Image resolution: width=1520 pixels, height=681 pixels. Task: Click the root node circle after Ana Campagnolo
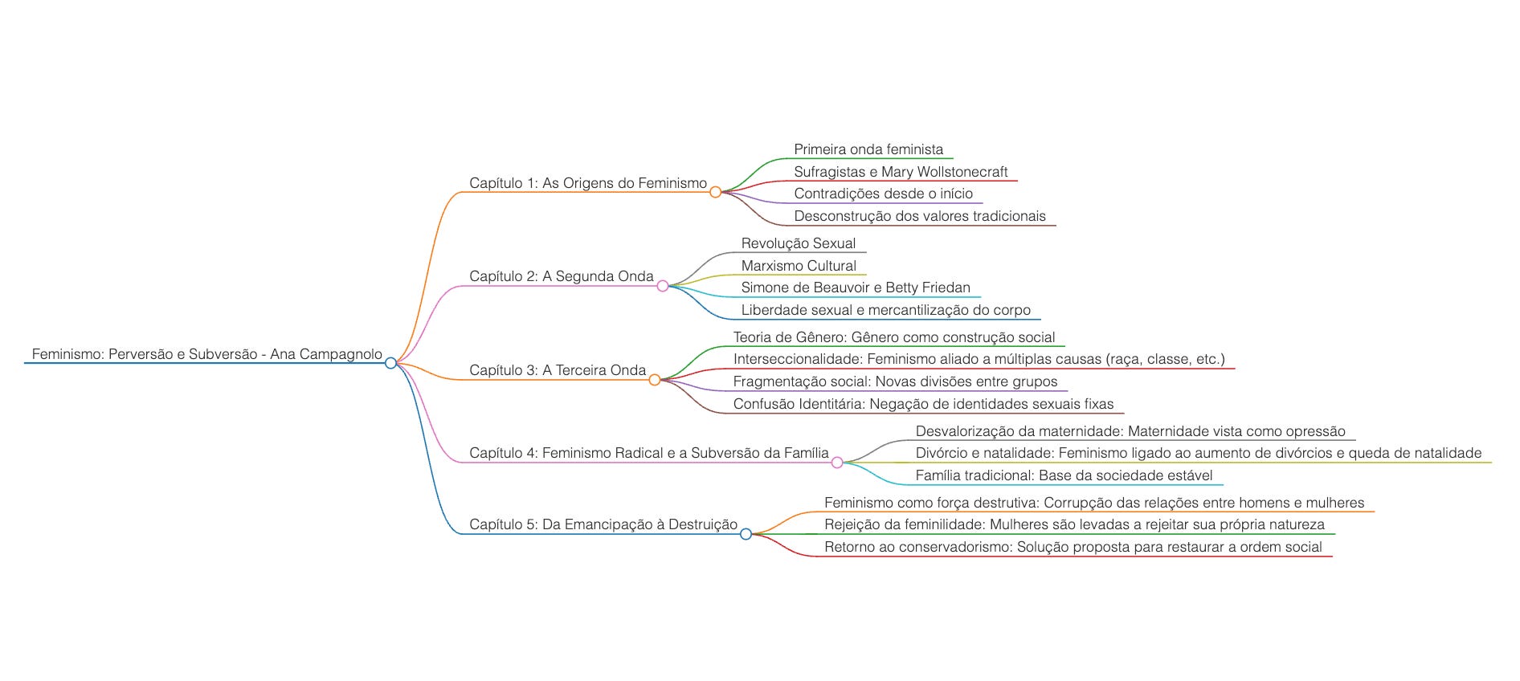click(390, 363)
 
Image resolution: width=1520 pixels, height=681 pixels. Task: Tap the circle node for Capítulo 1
click(715, 192)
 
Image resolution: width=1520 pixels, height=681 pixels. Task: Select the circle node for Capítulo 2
click(662, 286)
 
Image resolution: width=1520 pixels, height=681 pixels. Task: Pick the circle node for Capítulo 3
click(654, 380)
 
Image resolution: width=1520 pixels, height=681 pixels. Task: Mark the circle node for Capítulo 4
click(837, 463)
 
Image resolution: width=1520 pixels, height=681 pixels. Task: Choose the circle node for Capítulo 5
click(746, 534)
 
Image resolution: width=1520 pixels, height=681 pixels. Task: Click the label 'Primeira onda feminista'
click(868, 149)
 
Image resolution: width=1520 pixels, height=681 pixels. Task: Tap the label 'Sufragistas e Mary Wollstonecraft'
click(901, 172)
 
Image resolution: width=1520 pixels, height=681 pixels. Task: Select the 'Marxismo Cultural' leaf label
click(799, 266)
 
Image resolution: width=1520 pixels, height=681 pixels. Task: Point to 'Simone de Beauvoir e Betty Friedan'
click(856, 287)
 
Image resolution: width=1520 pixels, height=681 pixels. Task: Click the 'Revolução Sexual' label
click(799, 243)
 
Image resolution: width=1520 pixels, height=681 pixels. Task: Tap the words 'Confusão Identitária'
click(798, 404)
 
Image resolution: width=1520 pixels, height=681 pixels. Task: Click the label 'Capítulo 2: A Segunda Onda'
click(562, 276)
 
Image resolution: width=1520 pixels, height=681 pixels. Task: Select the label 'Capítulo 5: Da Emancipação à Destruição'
click(603, 524)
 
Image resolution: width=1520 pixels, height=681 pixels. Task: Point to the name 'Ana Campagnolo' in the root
click(326, 354)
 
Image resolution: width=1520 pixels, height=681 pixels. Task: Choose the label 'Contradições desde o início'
click(883, 194)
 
